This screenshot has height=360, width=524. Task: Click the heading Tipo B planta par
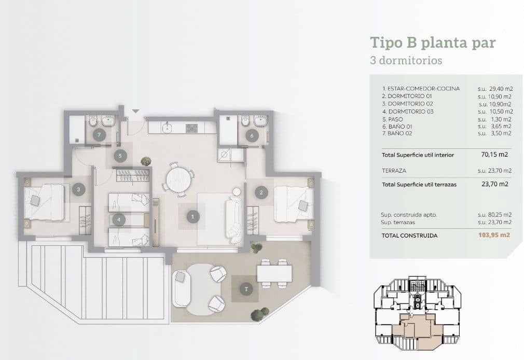433,43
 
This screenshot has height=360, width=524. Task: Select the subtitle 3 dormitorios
406,60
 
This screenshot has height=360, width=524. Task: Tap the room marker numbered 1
192,216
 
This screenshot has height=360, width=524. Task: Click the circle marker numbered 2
260,192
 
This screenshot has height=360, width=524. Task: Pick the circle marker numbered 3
78,190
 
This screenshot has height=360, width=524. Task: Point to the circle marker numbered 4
119,220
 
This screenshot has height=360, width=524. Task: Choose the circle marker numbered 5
120,155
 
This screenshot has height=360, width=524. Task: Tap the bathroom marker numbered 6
252,136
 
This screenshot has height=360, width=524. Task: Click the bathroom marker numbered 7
99,135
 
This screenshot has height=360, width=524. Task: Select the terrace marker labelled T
245,288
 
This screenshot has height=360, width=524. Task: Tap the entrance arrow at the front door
135,111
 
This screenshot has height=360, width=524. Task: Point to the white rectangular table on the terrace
274,273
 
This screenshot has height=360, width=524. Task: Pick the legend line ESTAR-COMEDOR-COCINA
421,89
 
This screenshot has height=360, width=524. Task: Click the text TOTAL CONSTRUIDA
409,235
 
